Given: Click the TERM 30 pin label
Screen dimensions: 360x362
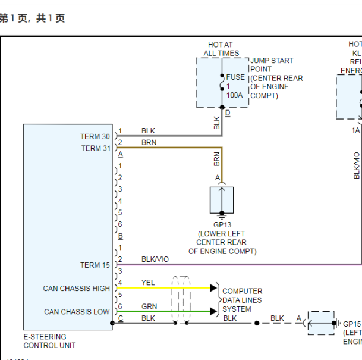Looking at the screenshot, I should (x=95, y=137).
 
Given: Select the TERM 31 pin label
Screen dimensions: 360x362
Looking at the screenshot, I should (x=95, y=148).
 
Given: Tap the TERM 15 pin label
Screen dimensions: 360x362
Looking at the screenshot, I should (x=95, y=265).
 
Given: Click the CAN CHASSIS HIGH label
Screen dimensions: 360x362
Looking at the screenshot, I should (x=76, y=289).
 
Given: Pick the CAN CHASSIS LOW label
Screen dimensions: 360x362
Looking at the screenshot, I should (x=77, y=312).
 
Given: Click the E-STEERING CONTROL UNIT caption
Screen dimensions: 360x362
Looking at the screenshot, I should (x=49, y=341).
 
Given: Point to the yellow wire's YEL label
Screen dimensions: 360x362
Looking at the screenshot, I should (x=148, y=283).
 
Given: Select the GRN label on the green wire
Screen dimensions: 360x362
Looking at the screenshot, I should (x=149, y=306).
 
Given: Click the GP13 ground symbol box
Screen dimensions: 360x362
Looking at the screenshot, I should (x=222, y=200).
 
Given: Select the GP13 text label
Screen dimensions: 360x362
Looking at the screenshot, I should (x=222, y=225).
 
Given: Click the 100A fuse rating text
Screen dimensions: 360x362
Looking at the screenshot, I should (x=234, y=95).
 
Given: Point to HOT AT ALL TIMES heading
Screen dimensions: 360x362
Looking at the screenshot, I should (x=221, y=49).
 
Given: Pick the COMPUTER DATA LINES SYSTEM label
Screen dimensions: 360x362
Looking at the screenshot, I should (x=242, y=300).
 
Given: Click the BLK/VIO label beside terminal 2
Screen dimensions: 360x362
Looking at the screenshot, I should (x=155, y=259).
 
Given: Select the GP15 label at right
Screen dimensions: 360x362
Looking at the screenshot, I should (x=352, y=324).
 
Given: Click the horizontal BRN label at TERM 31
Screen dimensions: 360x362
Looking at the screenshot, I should (x=149, y=143).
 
